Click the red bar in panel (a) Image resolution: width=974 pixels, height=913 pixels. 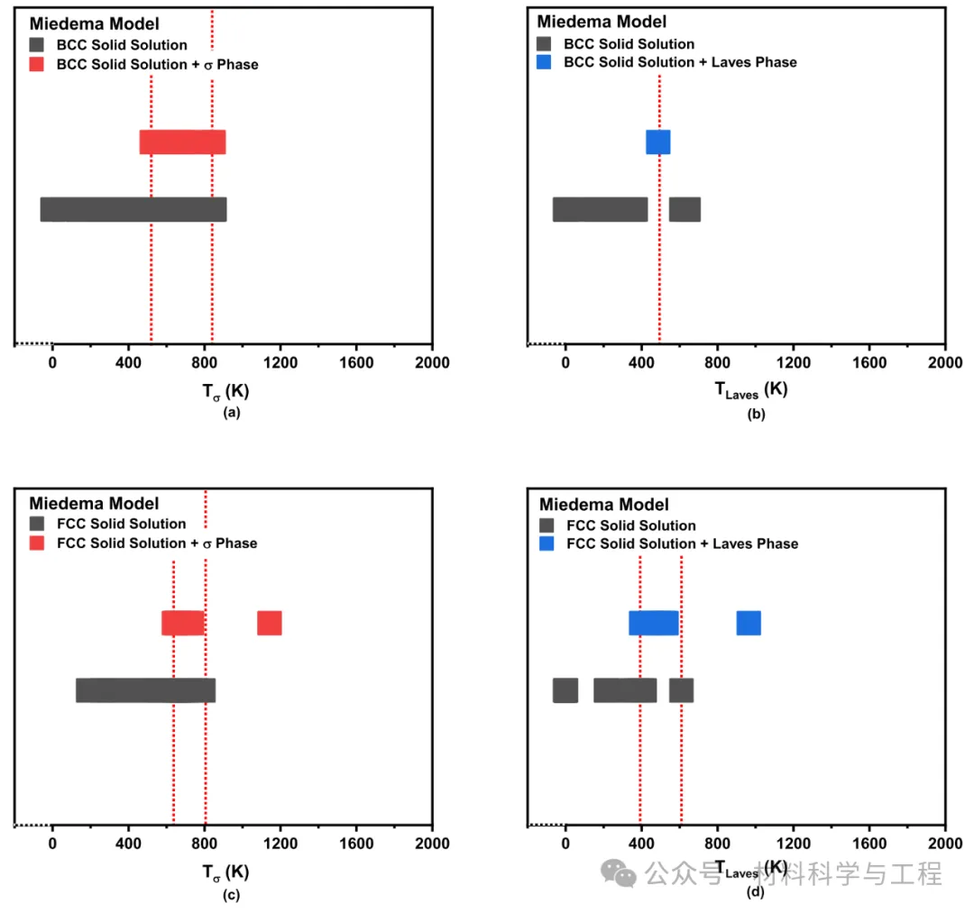click(x=182, y=142)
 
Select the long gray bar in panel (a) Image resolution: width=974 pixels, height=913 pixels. click(x=133, y=209)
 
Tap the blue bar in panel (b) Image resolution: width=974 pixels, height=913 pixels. click(x=657, y=142)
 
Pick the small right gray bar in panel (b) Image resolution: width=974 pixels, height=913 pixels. click(x=685, y=209)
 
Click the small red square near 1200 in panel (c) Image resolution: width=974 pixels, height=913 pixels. click(x=269, y=623)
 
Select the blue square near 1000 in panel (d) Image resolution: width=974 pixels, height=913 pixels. click(x=749, y=623)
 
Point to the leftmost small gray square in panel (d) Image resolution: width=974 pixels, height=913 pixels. click(x=565, y=690)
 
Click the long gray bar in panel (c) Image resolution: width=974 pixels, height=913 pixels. click(x=145, y=690)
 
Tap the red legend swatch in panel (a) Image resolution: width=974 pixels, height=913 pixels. click(x=37, y=64)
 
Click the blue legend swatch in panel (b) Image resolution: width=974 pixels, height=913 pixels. click(x=544, y=62)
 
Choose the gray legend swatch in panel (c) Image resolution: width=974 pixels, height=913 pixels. click(x=37, y=524)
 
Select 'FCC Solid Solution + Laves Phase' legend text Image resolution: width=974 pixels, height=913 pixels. click(x=682, y=543)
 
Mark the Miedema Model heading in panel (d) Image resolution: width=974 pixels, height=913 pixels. click(x=604, y=505)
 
